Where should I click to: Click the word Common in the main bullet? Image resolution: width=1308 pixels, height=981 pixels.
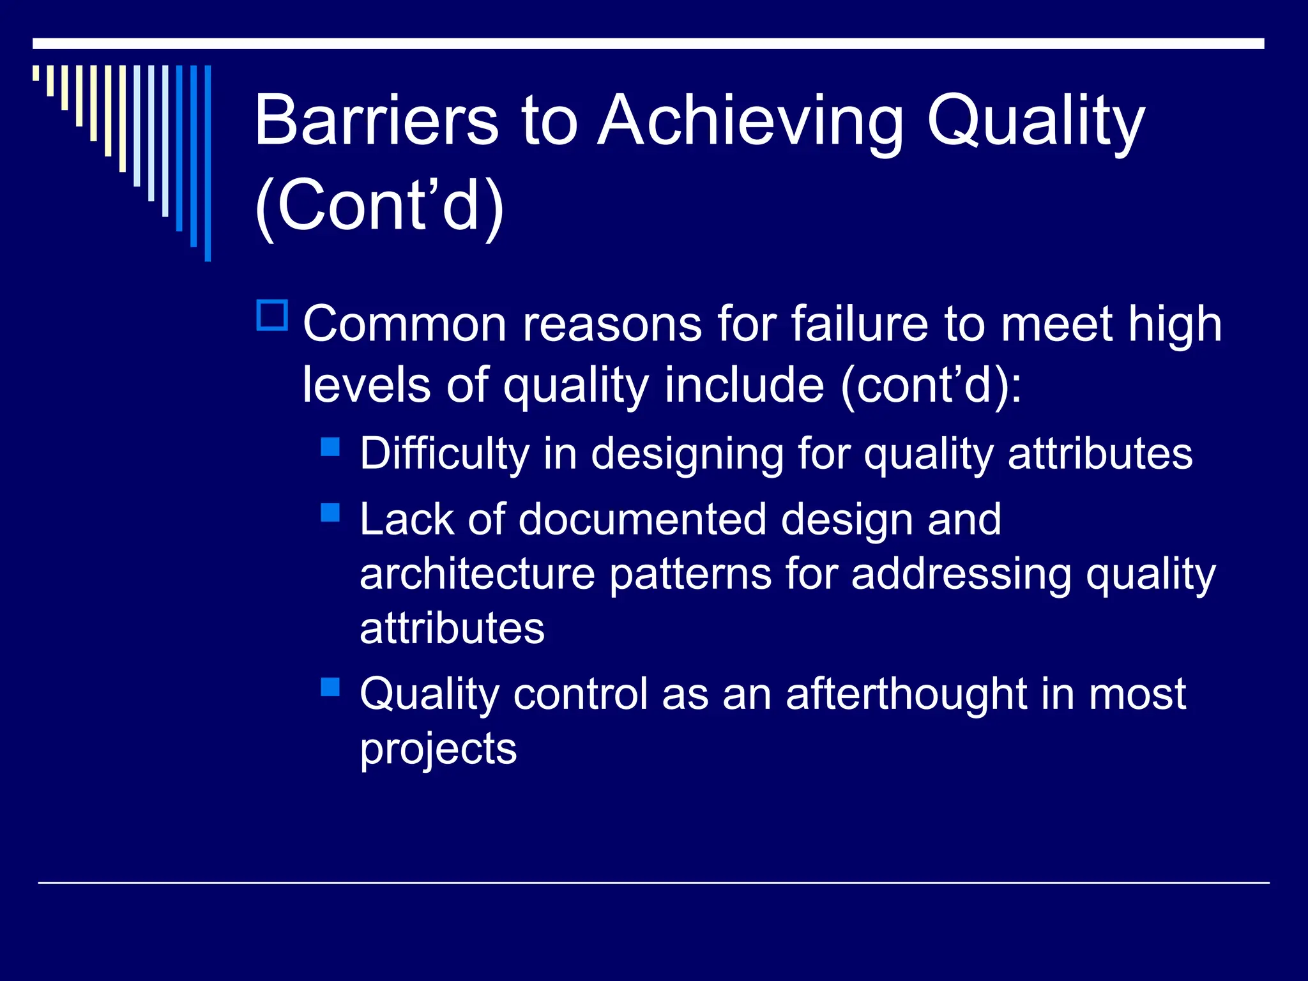pos(405,324)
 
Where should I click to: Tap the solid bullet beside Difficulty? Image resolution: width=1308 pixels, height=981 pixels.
pos(330,446)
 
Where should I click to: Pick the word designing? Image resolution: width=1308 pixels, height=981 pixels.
pos(687,454)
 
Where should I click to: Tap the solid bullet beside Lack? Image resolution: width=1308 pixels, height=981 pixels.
pos(330,513)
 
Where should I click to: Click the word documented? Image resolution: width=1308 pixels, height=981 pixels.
pos(642,519)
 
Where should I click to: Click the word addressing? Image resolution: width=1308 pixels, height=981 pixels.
pos(961,574)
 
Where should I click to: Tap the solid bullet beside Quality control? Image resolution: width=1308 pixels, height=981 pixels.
pos(330,687)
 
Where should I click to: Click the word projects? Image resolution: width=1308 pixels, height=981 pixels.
pos(438,749)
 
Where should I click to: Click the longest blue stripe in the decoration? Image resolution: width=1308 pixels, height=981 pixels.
pos(208,163)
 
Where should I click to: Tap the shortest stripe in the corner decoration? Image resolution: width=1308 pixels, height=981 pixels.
pos(36,73)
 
